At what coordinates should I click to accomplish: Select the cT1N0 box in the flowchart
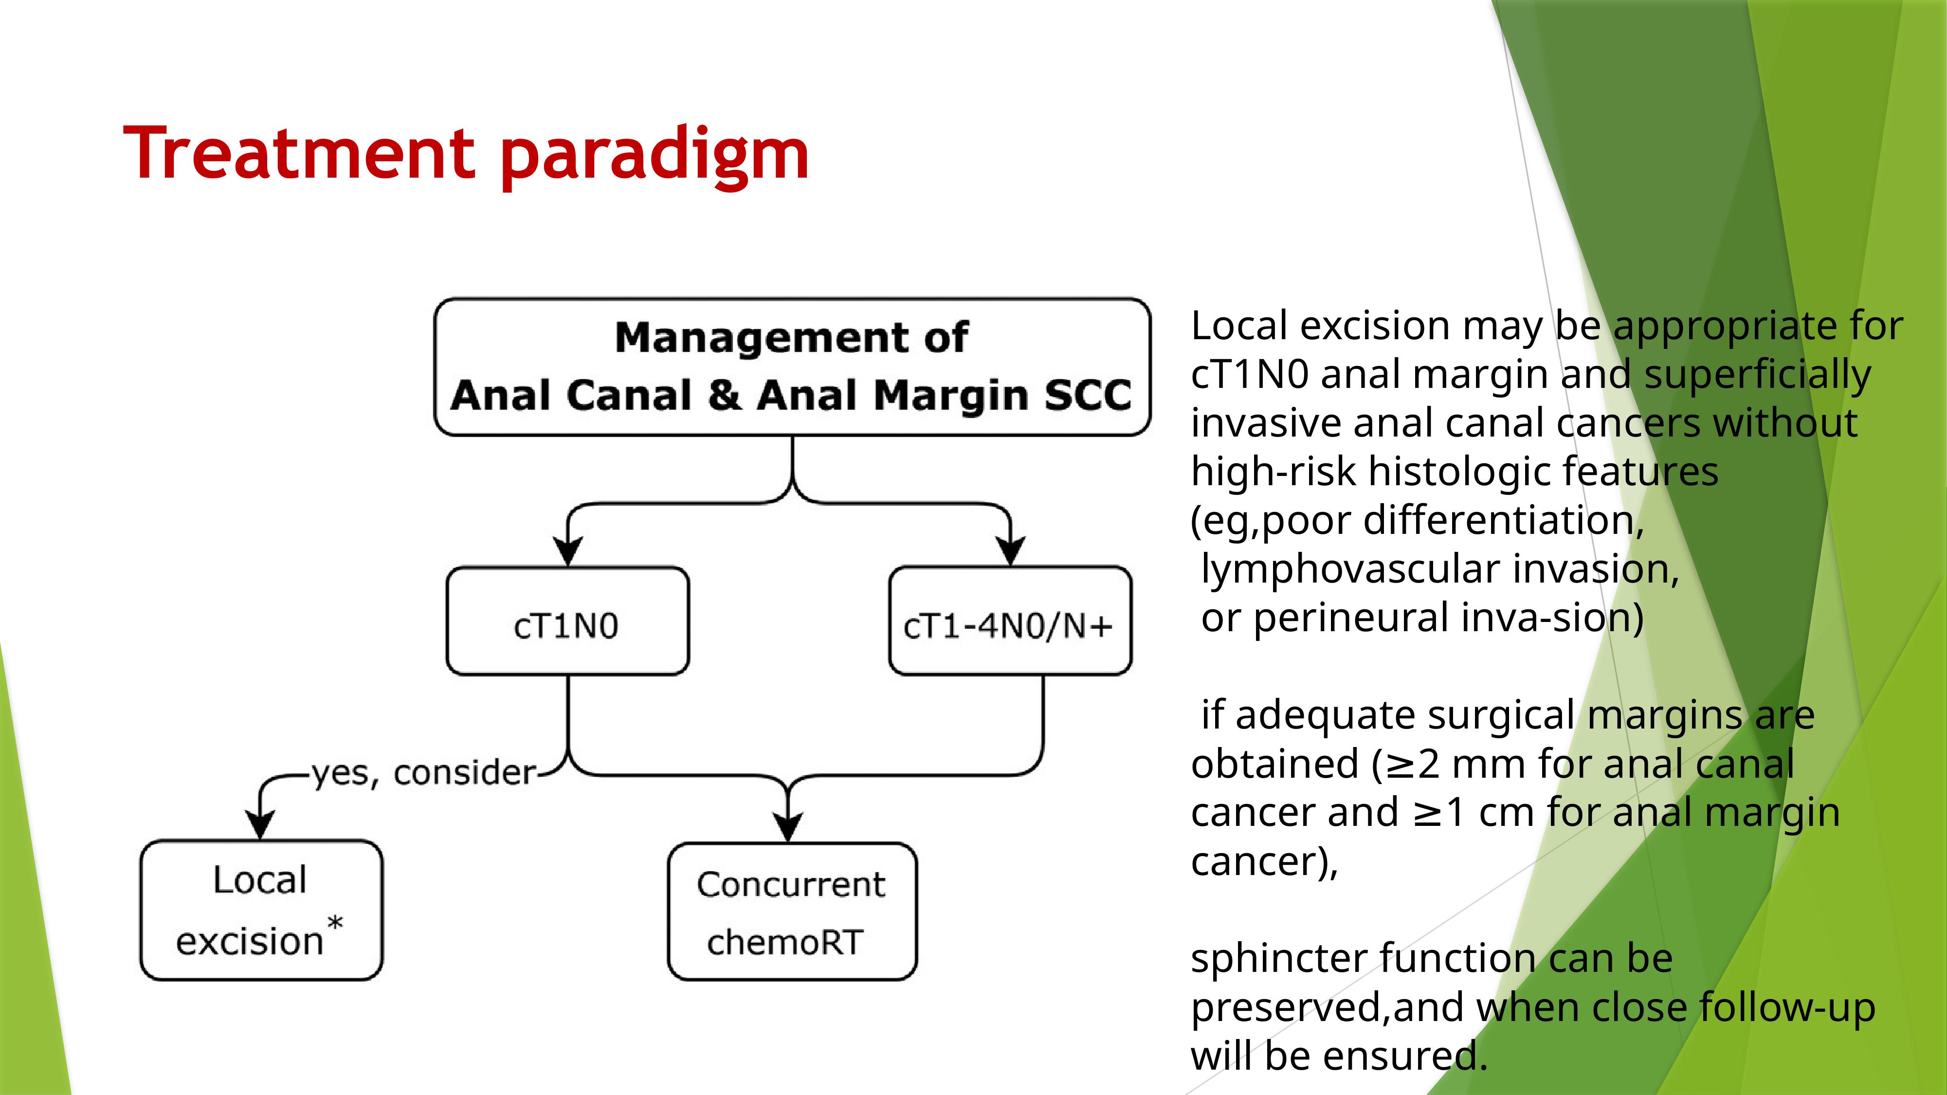[x=567, y=620]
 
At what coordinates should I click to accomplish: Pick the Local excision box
[x=261, y=910]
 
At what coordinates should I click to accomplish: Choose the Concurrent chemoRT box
[x=792, y=912]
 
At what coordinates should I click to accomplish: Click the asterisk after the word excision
[x=335, y=924]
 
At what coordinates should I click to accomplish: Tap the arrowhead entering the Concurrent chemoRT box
[x=788, y=827]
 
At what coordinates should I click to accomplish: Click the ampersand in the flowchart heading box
[x=725, y=395]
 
